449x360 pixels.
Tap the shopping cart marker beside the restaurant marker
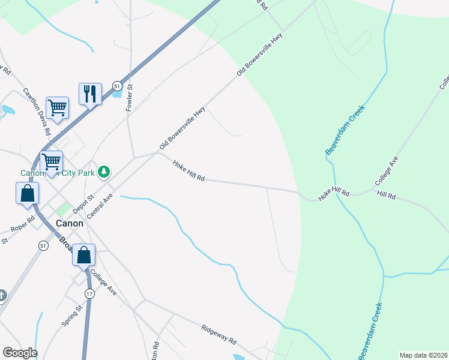point(57,108)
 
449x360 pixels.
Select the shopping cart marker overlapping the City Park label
point(52,161)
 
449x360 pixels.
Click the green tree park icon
point(104,172)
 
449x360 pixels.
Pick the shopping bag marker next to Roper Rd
point(28,193)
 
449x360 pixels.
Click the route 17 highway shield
point(89,293)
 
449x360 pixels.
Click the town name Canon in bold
point(69,223)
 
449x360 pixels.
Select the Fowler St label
point(129,97)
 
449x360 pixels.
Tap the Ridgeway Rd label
point(218,335)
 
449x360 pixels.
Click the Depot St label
point(83,205)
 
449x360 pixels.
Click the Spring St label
point(71,316)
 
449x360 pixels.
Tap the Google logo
point(19,353)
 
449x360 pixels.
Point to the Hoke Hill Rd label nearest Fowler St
point(188,171)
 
